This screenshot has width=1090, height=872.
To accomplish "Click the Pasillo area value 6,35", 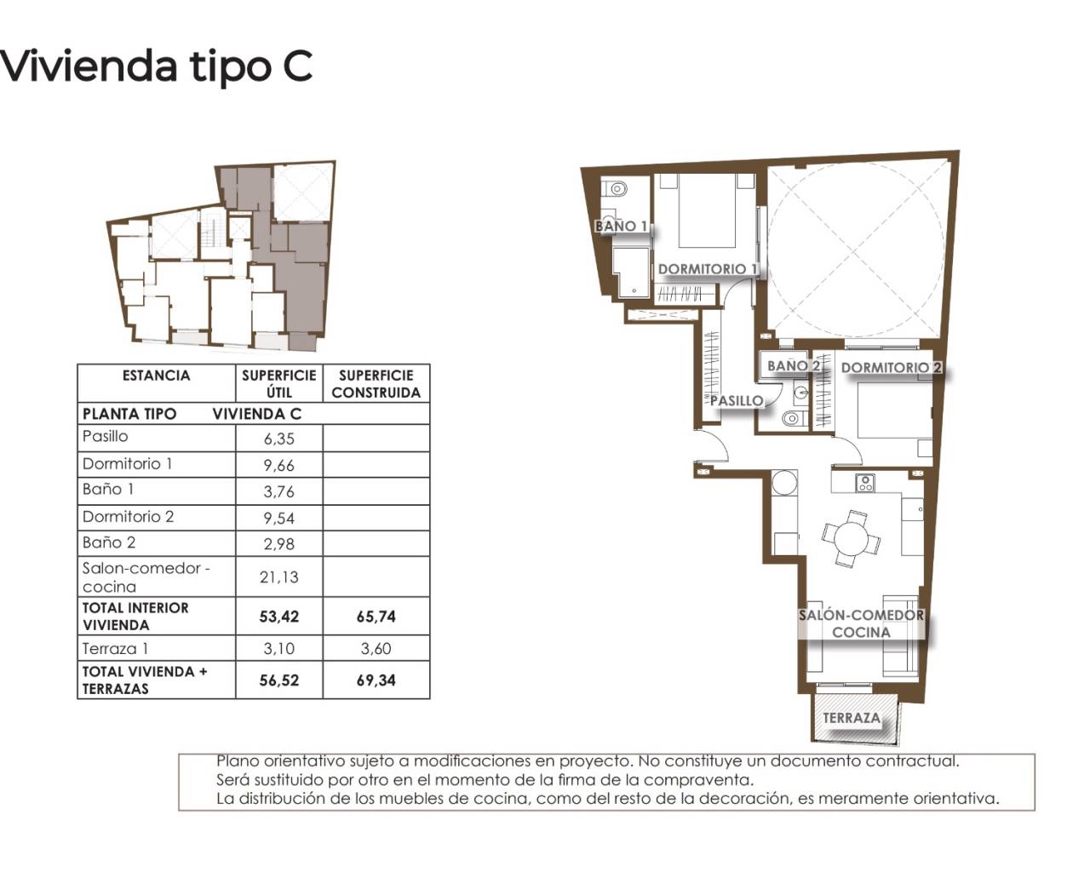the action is pyautogui.click(x=279, y=439).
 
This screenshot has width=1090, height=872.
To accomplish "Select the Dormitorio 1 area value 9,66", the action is pyautogui.click(x=279, y=465).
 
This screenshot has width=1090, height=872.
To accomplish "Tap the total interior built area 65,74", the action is pyautogui.click(x=376, y=617).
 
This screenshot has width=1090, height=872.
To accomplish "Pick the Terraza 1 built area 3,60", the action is pyautogui.click(x=376, y=648).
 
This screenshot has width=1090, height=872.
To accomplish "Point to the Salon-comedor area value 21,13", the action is pyautogui.click(x=279, y=577).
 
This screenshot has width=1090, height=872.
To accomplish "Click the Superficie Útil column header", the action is pyautogui.click(x=279, y=383).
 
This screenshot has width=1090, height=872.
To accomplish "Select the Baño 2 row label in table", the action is pyautogui.click(x=109, y=542).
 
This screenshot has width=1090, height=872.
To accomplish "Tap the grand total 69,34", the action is pyautogui.click(x=376, y=680).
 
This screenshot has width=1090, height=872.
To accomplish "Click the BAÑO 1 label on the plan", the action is pyautogui.click(x=622, y=226).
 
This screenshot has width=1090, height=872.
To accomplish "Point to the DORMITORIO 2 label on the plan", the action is pyautogui.click(x=892, y=367).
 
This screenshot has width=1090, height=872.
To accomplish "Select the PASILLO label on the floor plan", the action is pyautogui.click(x=737, y=400).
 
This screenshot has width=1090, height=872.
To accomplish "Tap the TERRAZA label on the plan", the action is pyautogui.click(x=852, y=718).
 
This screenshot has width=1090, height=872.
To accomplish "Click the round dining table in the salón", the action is pyautogui.click(x=852, y=538).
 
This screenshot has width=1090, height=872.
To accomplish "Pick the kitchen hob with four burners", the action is pyautogui.click(x=865, y=483).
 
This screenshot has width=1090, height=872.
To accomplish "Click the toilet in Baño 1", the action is pyautogui.click(x=615, y=189).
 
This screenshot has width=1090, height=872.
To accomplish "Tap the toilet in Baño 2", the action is pyautogui.click(x=794, y=418).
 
